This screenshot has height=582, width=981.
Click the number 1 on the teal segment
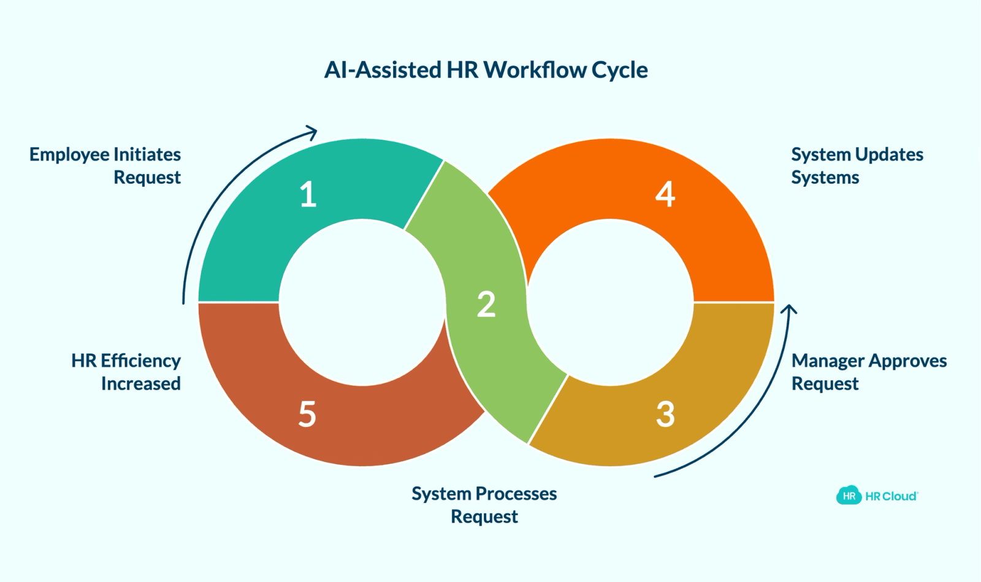(x=308, y=194)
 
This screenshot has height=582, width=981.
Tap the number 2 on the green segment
(x=486, y=304)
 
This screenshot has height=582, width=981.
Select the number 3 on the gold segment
(x=665, y=414)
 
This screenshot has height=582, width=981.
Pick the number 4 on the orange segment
(x=665, y=194)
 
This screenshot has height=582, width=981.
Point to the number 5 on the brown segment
(x=307, y=414)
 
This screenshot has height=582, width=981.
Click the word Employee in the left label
(x=69, y=156)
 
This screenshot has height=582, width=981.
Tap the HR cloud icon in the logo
(x=849, y=496)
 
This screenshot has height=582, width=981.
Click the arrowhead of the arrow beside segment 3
(x=788, y=309)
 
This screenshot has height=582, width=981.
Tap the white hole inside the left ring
(x=362, y=303)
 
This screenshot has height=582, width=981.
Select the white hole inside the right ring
(x=610, y=303)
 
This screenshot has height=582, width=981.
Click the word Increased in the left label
(x=141, y=384)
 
